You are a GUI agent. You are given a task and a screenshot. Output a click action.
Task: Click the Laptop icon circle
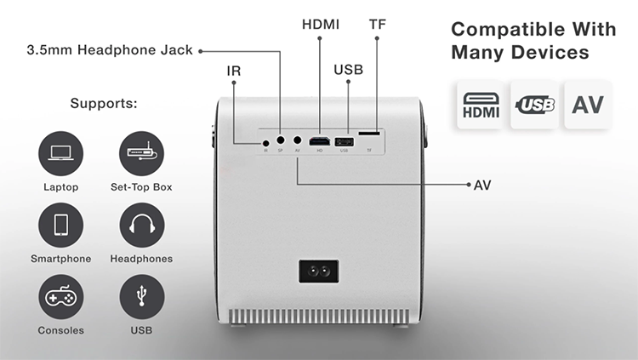point(60,154)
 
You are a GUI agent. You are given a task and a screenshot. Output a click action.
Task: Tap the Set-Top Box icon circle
point(141,154)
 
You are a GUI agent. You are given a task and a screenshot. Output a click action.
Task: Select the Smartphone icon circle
point(60,226)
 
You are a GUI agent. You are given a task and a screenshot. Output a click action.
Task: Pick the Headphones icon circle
point(141,226)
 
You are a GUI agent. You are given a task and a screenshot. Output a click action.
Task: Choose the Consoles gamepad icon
point(60,297)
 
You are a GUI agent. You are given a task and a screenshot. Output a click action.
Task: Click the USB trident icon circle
point(141,297)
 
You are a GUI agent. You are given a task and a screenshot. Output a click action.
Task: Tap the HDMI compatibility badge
point(481,106)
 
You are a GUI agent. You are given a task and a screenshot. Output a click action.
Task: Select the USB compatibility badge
point(535,106)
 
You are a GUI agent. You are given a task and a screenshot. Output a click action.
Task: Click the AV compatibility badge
point(588,106)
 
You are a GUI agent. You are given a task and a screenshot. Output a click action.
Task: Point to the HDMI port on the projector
point(320,141)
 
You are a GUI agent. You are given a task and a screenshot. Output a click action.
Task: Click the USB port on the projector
point(344,141)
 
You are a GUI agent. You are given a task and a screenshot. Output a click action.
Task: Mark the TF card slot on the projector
point(369,134)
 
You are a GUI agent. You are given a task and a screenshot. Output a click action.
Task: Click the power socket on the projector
point(318,272)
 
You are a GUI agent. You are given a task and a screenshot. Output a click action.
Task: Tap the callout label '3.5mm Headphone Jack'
point(110,50)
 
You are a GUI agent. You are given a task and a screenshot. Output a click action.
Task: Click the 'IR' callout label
point(234,71)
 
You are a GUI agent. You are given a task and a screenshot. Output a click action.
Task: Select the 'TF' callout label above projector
point(377,24)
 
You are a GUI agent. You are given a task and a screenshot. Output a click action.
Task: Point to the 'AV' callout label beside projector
point(482,183)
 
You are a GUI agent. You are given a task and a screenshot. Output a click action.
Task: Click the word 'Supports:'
point(104,104)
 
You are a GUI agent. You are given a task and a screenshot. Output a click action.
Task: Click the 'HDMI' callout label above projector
point(321,24)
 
